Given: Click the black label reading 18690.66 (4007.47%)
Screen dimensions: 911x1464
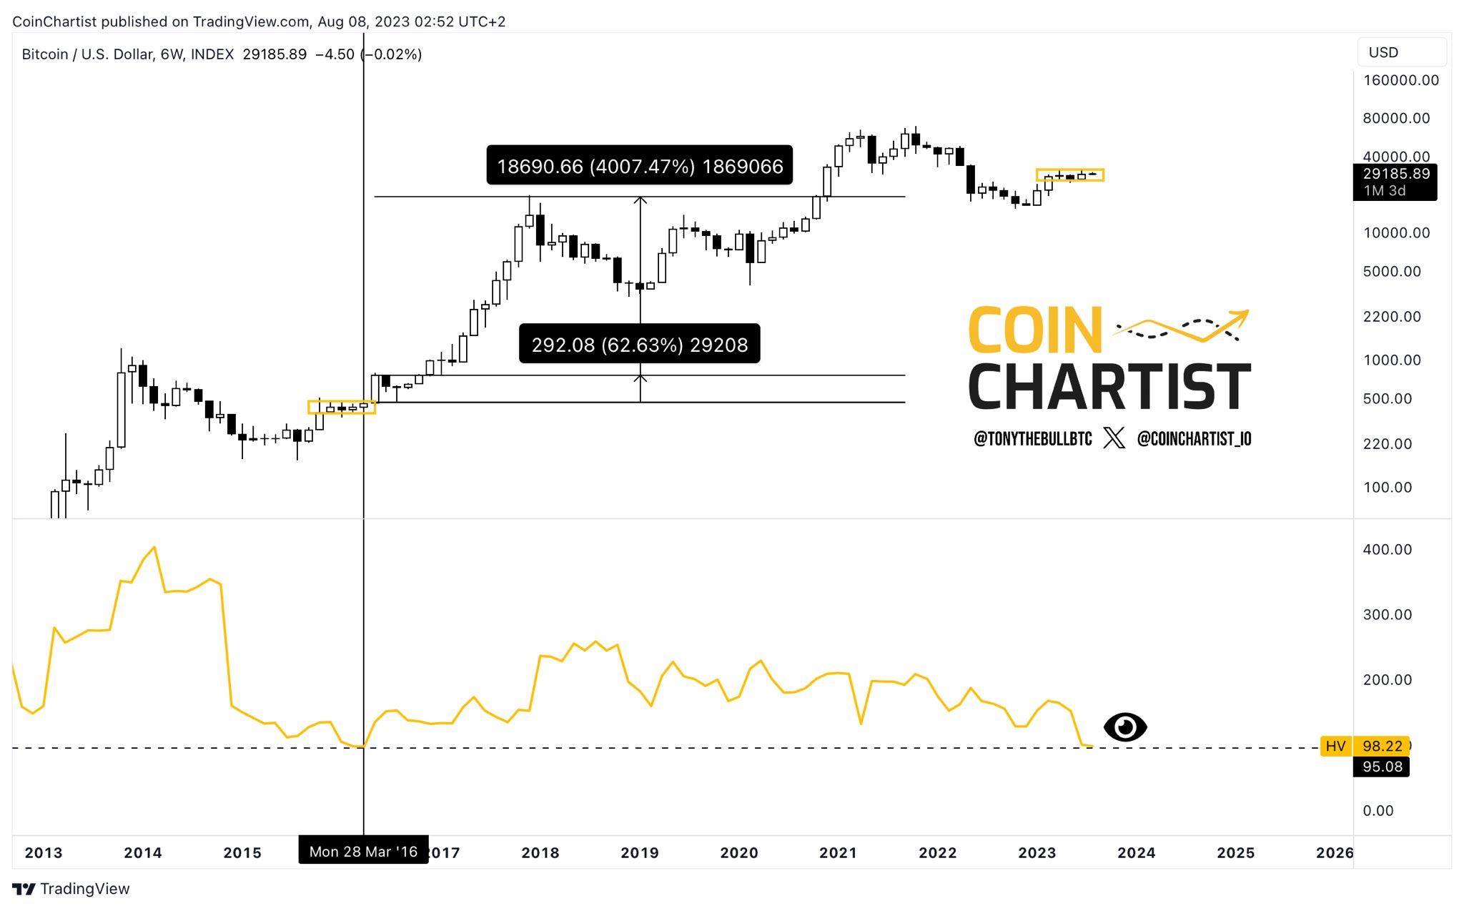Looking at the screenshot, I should click(x=639, y=166).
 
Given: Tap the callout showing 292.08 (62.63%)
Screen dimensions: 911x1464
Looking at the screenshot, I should click(x=639, y=344).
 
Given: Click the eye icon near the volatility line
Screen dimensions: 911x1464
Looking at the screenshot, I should click(x=1124, y=727).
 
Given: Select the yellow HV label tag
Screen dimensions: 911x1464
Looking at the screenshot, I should click(x=1335, y=746).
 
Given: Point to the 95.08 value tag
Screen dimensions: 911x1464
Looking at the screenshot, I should click(x=1382, y=767).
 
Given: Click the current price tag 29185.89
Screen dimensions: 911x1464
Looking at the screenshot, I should click(x=1395, y=174).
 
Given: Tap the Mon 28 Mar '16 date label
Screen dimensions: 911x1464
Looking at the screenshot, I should click(x=363, y=851).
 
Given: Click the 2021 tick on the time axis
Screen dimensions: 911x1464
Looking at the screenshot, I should click(x=838, y=852).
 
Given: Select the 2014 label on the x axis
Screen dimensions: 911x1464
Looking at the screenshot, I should click(x=143, y=852).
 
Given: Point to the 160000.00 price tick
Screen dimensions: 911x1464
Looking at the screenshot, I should click(x=1400, y=80).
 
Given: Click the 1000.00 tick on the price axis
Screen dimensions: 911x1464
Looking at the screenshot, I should click(x=1392, y=360).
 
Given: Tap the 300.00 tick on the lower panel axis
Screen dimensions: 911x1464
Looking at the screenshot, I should click(x=1387, y=614).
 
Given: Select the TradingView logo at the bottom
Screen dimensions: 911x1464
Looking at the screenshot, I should click(x=71, y=889).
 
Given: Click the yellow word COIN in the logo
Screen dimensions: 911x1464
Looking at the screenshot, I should click(x=1035, y=330).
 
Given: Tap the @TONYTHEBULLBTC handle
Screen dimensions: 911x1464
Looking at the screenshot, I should click(x=1032, y=438).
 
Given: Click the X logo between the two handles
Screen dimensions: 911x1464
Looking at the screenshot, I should click(x=1114, y=438).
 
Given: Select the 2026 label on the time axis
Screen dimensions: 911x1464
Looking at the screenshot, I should click(x=1334, y=852).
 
